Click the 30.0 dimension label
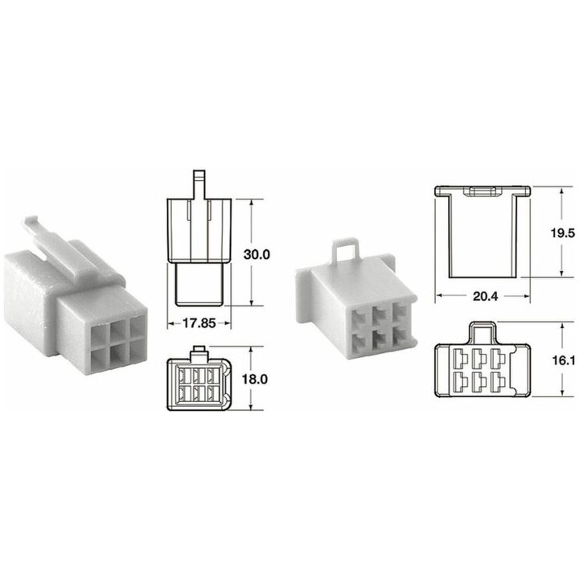point(257,254)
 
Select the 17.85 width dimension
point(199,323)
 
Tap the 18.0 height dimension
point(254,379)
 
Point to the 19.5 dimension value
point(563,232)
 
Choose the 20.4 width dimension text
point(486,296)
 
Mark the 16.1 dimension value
point(564,360)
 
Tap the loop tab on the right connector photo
point(346,252)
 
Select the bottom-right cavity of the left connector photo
point(138,349)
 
